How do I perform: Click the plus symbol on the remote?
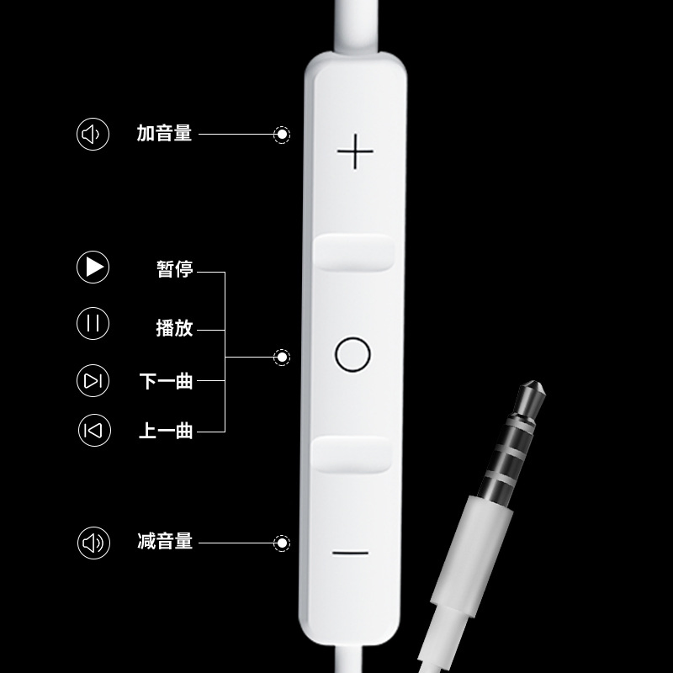coord(355,152)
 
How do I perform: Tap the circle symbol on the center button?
coord(352,354)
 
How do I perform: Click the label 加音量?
coord(165,133)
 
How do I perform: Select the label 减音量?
coord(165,541)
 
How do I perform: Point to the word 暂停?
coord(175,269)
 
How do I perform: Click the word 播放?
coord(175,328)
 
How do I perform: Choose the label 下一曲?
coord(167,381)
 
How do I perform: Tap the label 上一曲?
coord(167,431)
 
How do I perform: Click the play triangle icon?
coord(93,268)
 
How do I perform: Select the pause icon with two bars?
coord(93,324)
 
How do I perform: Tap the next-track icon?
coord(93,381)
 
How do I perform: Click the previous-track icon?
coord(93,431)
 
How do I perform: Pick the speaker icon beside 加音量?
coord(93,134)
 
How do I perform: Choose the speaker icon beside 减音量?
coord(93,543)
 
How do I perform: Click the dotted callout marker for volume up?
coord(283,135)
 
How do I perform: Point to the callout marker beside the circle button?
coord(283,358)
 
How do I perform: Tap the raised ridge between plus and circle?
coord(354,252)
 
